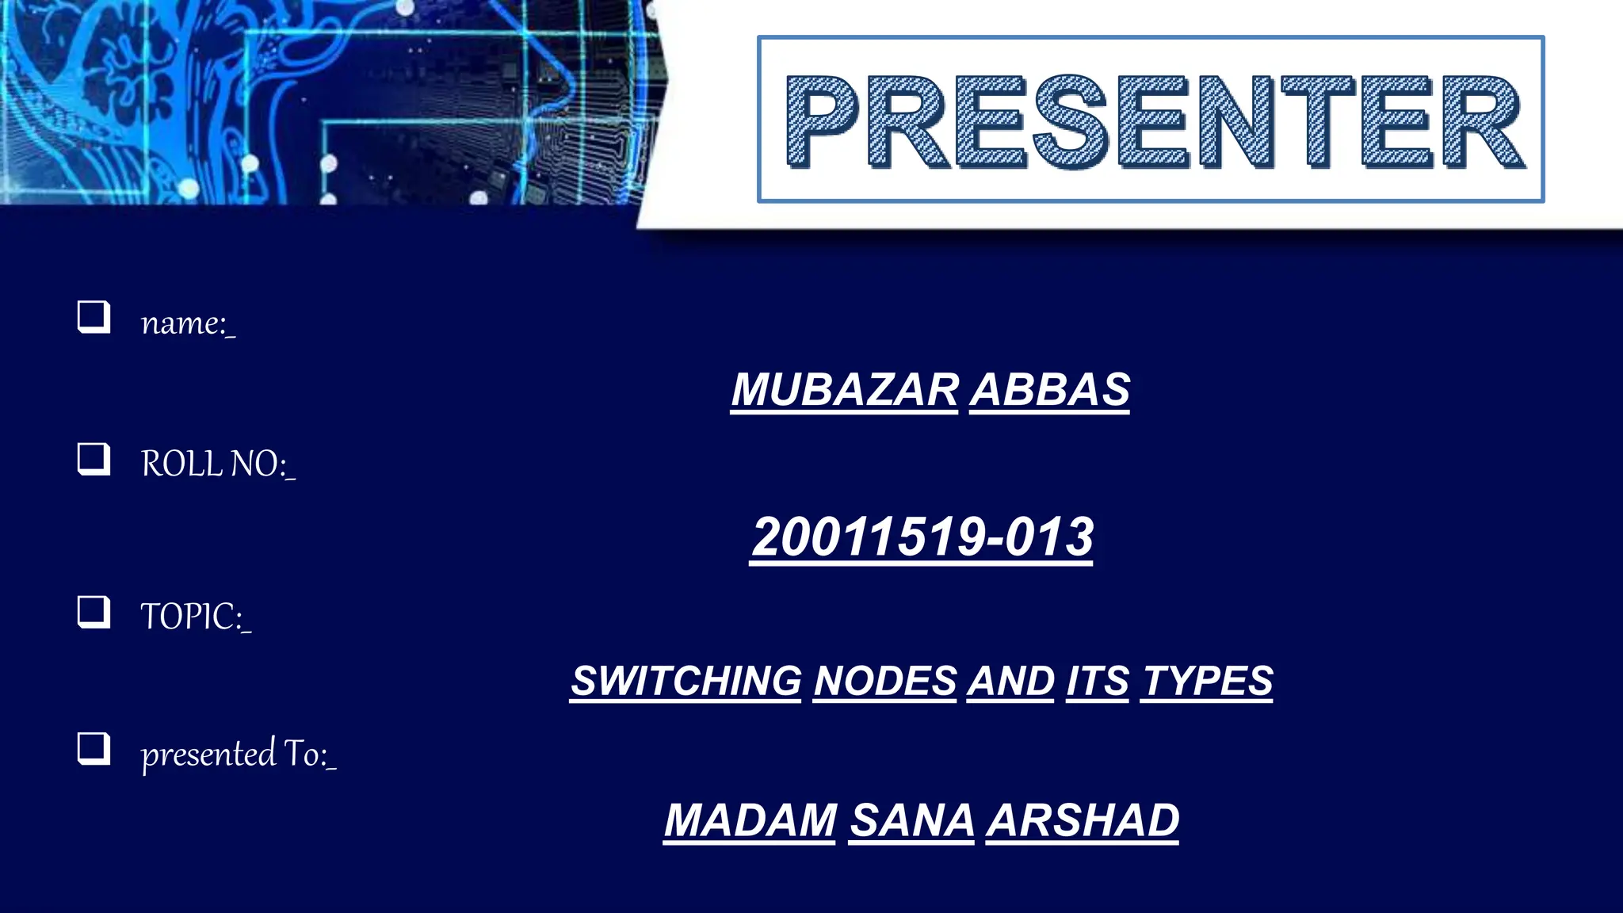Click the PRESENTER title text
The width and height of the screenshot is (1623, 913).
pos(1153,121)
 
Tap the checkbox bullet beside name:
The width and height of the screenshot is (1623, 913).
pos(94,317)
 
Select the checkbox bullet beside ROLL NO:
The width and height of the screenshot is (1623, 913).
pos(94,459)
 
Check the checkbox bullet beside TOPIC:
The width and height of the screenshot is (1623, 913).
pos(94,612)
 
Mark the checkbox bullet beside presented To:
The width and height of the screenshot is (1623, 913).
pos(94,748)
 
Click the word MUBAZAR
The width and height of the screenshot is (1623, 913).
pos(844,390)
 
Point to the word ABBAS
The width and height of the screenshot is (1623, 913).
pos(1050,390)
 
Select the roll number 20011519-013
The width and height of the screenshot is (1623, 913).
pos(922,537)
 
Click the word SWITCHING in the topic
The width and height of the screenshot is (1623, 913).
pos(686,681)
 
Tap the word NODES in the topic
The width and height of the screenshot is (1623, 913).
pos(885,681)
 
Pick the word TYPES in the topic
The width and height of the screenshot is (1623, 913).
pos(1207,681)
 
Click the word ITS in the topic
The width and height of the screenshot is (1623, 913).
pos(1098,681)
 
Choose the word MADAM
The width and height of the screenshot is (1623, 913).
pos(750,820)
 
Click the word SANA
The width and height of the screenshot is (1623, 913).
pos(912,820)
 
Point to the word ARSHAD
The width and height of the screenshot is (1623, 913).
pos(1083,820)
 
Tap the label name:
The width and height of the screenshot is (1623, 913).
pos(187,323)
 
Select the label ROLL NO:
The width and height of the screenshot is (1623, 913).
pos(217,464)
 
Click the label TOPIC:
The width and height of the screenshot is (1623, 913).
pos(195,617)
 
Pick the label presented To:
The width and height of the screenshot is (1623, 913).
pos(238,754)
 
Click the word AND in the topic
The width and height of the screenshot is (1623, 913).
pos(1010,681)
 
